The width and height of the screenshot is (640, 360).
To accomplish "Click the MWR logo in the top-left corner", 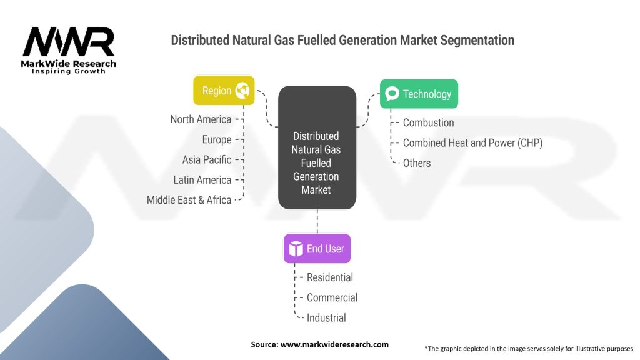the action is (69, 50).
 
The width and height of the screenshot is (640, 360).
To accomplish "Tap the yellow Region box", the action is (224, 91).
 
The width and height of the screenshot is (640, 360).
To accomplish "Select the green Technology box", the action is (419, 94).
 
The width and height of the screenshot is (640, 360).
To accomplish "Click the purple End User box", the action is (317, 249).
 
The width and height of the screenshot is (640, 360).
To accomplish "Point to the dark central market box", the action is (317, 147).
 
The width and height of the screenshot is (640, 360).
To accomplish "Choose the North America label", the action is (201, 119).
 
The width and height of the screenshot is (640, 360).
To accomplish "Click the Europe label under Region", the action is (217, 139).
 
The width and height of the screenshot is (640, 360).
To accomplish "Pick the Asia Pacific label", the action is (207, 159).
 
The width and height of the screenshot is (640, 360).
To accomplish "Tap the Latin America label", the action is (202, 180).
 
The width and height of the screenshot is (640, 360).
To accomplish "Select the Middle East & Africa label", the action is (189, 200).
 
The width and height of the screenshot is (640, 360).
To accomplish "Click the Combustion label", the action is (429, 122).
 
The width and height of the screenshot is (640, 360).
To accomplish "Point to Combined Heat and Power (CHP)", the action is (472, 143).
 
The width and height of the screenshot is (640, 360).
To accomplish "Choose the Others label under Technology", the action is (417, 163).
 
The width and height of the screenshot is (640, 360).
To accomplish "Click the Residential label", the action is (330, 277).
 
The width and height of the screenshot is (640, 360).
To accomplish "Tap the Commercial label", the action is (332, 297).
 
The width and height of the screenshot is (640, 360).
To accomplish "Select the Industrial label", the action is (326, 317).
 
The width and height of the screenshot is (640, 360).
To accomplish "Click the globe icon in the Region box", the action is (242, 90).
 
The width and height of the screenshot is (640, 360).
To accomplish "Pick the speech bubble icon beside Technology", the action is (392, 94).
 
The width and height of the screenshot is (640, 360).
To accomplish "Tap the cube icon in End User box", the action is (296, 249).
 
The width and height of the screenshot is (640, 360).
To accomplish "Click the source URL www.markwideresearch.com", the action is (335, 344).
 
